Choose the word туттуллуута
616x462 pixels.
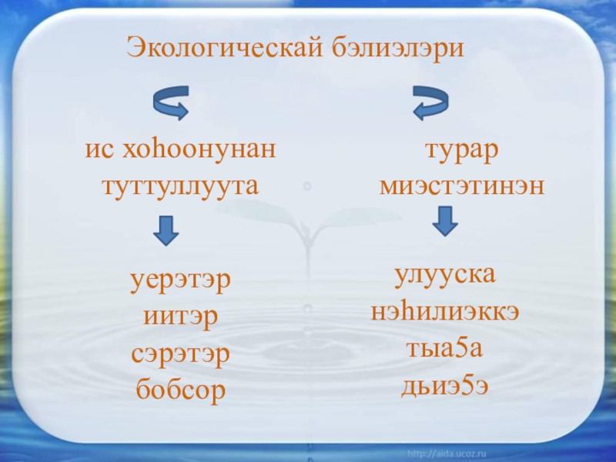[179, 186]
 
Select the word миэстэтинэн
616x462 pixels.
[462, 186]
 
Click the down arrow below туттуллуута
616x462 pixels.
[166, 230]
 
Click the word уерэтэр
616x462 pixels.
[180, 278]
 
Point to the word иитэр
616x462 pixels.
[180, 316]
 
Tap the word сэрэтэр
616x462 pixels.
[180, 353]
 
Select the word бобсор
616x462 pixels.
[180, 391]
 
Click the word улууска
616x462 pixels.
[445, 274]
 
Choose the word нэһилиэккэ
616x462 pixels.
[445, 311]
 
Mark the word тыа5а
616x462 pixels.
[445, 348]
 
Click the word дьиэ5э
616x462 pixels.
[444, 385]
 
